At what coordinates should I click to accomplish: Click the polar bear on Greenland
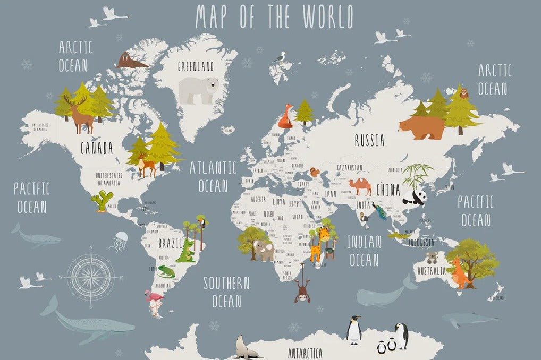point(198,89)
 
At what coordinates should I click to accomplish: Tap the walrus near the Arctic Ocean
point(130,61)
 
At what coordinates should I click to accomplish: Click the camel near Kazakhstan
point(361,186)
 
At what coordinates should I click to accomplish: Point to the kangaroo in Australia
point(459,272)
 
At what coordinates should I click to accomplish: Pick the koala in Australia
point(431,258)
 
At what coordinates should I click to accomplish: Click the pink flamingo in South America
point(154,302)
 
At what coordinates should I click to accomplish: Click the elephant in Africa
point(264,251)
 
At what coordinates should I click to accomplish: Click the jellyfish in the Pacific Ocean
point(119,242)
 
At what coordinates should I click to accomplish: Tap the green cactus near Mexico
point(99,201)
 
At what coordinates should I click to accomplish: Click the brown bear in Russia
point(421,127)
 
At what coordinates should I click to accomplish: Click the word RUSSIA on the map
point(369,141)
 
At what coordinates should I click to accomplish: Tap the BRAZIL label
point(171,244)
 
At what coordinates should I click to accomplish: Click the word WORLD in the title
point(328,17)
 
